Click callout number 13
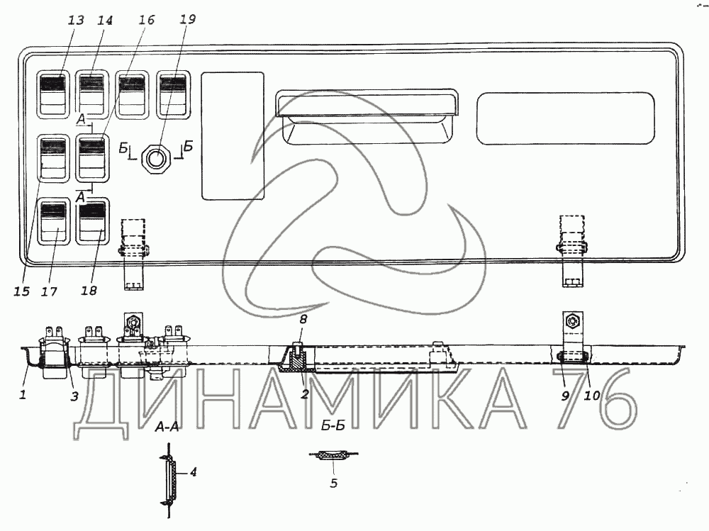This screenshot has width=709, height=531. pos(76,21)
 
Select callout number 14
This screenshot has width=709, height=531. pos(105,21)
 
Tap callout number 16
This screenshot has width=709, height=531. pos(146,21)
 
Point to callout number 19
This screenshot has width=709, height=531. pos(187,21)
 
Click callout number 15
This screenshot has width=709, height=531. pos(21,291)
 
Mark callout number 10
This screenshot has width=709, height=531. pos(592,396)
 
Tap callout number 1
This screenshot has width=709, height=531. pos(22,395)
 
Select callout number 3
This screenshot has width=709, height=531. pos(74,396)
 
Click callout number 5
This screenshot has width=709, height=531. pos(334,484)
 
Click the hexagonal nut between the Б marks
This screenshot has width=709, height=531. pos(155,156)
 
